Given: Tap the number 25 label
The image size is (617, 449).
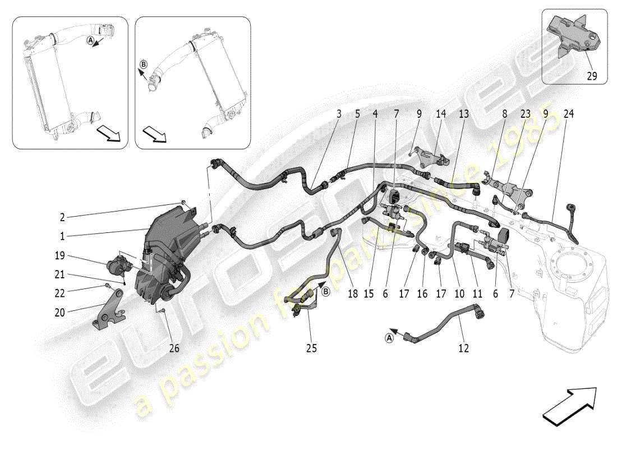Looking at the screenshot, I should [311, 349].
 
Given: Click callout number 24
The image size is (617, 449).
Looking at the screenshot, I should [569, 113].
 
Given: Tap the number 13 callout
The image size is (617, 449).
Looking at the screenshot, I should [464, 113].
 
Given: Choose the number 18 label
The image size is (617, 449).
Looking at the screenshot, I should [352, 294].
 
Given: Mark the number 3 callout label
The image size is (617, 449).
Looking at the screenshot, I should [339, 113].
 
